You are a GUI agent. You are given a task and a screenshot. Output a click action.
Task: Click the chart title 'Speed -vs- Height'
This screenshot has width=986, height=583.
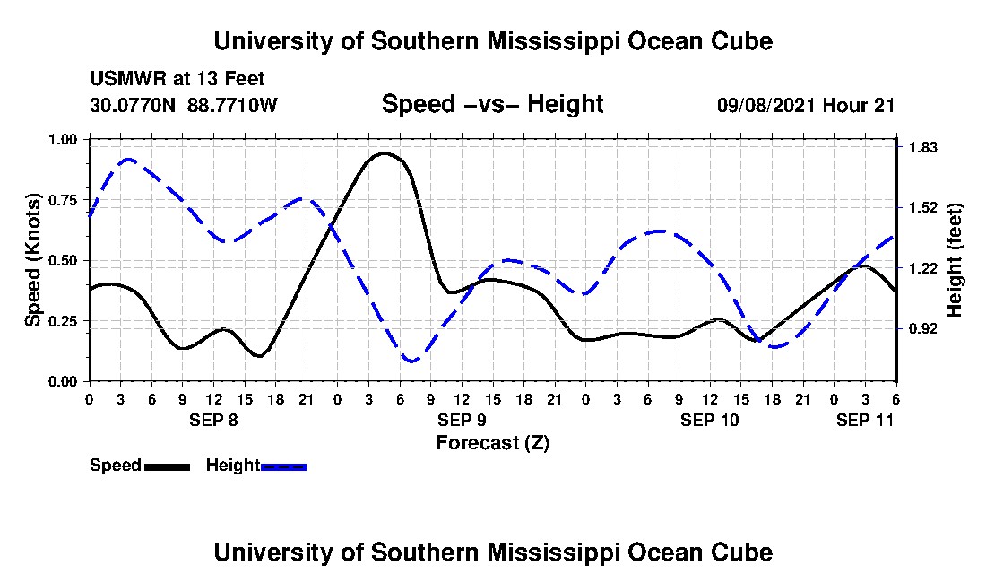492,105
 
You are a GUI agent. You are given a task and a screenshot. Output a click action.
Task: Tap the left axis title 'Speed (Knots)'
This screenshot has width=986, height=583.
33,260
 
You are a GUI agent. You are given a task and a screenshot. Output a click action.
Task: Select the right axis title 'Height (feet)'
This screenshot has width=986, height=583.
954,260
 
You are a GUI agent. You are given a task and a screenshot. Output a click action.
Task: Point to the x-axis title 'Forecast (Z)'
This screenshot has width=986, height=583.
492,442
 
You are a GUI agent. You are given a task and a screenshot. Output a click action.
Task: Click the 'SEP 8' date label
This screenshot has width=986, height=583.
213,420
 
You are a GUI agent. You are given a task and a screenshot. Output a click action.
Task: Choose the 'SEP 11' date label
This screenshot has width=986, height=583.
864,420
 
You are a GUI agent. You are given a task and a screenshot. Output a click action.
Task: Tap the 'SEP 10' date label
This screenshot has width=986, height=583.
709,420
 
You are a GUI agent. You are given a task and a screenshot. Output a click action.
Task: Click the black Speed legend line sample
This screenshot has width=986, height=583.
167,466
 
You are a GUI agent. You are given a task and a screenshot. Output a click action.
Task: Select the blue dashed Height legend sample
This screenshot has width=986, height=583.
283,466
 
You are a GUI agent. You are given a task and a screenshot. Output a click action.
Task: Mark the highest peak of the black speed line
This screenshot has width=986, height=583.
385,153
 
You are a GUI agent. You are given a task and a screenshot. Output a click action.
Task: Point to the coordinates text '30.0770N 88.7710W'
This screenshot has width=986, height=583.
184,105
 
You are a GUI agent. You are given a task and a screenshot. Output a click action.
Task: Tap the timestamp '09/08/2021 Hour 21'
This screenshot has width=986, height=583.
806,105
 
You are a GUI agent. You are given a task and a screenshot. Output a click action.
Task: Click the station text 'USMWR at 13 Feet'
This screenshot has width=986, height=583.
177,79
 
